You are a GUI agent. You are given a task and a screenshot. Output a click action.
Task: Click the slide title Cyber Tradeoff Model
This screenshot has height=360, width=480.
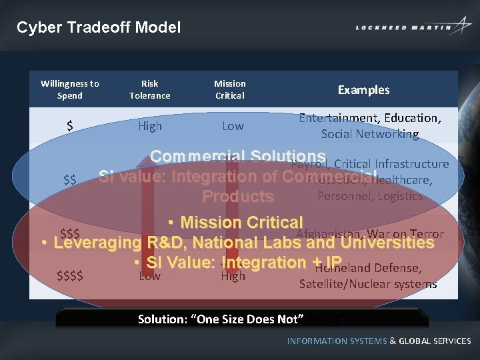coord(99,27)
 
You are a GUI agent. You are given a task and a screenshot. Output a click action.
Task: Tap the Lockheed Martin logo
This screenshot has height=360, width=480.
coord(413,27)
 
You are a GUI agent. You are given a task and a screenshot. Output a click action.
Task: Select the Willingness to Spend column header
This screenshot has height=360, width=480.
coord(70,89)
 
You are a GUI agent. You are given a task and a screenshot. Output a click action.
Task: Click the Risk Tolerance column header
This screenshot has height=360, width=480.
coord(149,89)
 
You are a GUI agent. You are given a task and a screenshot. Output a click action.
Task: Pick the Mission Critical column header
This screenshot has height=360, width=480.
coord(229,89)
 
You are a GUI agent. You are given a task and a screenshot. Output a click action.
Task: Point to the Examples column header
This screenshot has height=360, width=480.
coord(363,90)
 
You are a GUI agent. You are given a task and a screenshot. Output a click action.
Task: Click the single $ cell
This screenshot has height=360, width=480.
coord(70,126)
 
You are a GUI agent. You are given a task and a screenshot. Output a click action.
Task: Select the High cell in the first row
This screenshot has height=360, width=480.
coord(149,126)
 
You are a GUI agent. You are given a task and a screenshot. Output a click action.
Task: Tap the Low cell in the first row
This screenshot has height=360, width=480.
coord(233,126)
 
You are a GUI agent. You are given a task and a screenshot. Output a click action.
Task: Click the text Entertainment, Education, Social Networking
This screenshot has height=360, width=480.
coord(369,126)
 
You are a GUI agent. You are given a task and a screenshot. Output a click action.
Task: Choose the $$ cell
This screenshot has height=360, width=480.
coord(69,180)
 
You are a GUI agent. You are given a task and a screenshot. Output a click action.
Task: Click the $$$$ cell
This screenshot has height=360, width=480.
coord(70,275)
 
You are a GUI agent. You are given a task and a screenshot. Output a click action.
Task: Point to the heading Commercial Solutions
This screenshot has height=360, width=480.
coord(237,157)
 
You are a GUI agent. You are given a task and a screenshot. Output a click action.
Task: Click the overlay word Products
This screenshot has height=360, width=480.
coord(237,197)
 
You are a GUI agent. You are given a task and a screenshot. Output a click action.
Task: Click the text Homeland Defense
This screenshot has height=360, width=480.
coord(367,268)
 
